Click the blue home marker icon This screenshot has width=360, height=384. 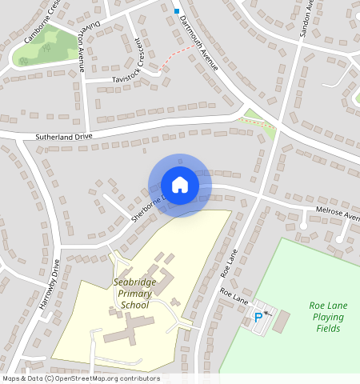(180, 184)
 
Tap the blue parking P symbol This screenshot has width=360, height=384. (258, 317)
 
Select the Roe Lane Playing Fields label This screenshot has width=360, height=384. (327, 317)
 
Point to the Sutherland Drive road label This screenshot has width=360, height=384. (65, 137)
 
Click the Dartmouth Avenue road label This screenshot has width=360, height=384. (198, 43)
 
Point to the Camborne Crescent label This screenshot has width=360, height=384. (43, 19)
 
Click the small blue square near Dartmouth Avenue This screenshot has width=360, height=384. (176, 10)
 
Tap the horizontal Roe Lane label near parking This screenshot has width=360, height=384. (235, 298)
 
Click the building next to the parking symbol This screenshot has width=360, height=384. (282, 321)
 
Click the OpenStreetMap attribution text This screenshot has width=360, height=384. (80, 378)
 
